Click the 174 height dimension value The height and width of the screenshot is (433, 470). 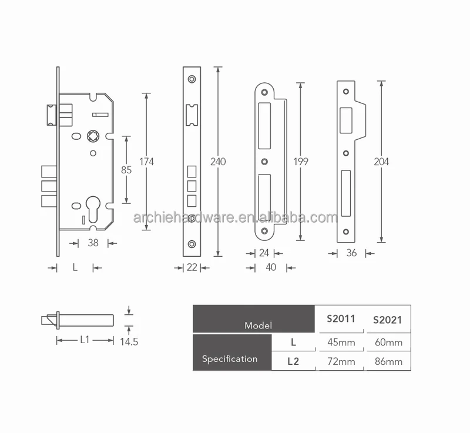(146, 162)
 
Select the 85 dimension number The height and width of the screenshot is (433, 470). (126, 170)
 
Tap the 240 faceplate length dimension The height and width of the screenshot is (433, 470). (219, 162)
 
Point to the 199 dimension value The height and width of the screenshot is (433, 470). (300, 162)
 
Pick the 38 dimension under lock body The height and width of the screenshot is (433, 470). (93, 243)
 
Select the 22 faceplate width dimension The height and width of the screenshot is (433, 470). (192, 268)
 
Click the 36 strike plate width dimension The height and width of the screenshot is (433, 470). (351, 254)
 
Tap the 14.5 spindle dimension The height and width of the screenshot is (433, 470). (128, 341)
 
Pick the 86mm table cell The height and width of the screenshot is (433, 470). (388, 361)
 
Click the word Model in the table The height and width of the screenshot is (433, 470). (258, 324)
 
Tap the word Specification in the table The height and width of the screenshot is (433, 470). (230, 358)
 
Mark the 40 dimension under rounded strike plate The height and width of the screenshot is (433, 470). (270, 268)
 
